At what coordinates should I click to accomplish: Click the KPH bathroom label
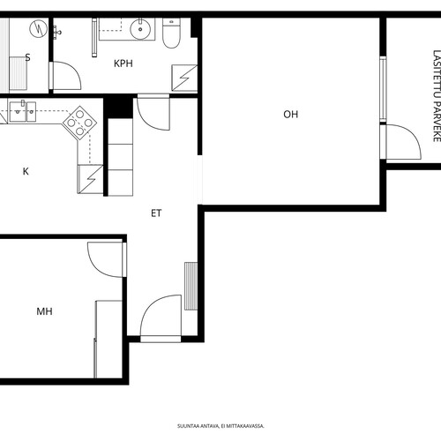pos(123,64)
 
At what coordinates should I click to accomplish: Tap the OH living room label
pos(291,114)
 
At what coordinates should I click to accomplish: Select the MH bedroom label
pos(44,311)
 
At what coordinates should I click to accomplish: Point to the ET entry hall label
pos(156,213)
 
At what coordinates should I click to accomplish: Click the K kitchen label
pos(26,171)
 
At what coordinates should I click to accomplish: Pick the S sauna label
pos(27,57)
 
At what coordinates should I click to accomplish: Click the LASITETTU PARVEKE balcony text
pos(437,96)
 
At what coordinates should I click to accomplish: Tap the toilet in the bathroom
pos(171,33)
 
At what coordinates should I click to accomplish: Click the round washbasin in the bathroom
pos(140,29)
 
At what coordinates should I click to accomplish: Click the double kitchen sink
pos(23,111)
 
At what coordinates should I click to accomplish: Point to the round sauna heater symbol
pos(39,28)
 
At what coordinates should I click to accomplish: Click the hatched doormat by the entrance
pos(191,286)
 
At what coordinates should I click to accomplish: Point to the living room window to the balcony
pos(383,89)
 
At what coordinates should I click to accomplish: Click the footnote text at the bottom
pos(220,426)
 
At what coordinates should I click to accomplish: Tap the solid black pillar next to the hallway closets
pos(118,107)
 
